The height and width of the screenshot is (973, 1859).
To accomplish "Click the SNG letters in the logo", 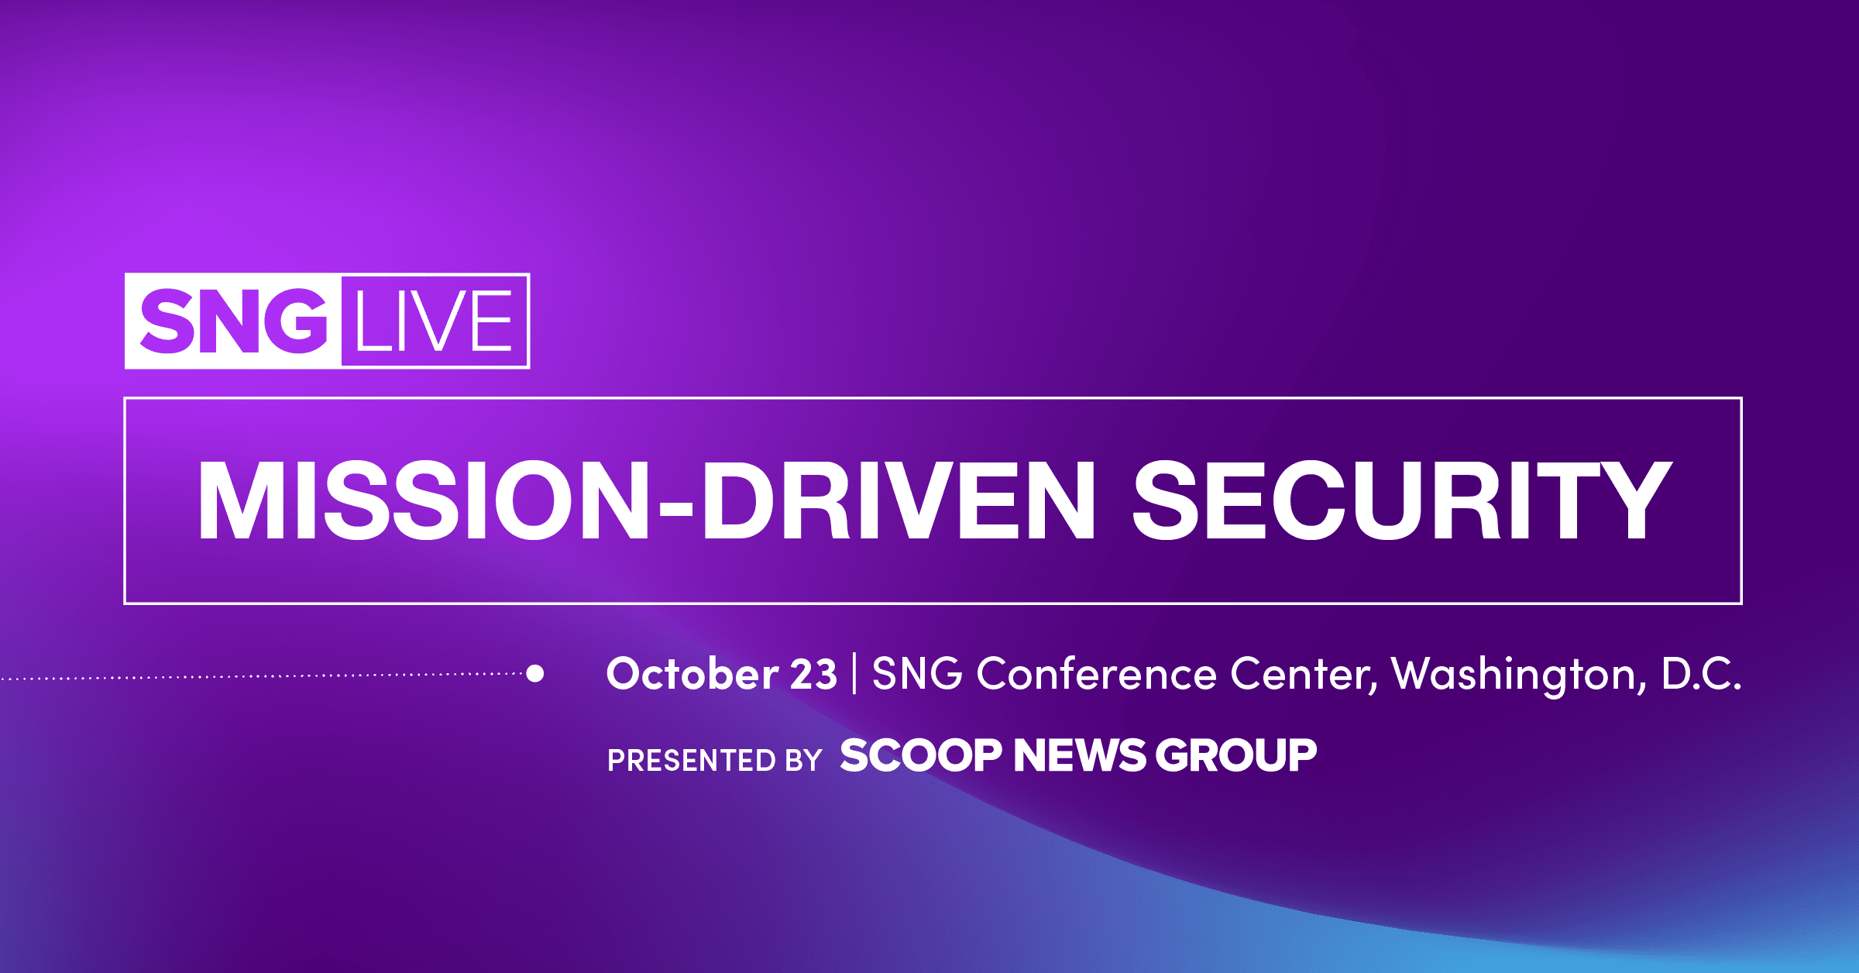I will (233, 321).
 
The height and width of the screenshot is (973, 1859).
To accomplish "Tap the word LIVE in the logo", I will (434, 321).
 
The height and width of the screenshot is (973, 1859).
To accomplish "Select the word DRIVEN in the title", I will (899, 500).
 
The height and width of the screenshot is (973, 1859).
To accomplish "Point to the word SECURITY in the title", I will (1402, 500).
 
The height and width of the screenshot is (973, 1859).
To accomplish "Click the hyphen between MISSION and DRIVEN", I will (675, 508).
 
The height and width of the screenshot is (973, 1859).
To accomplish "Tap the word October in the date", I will (692, 674).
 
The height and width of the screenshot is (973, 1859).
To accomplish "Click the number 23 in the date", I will (813, 674).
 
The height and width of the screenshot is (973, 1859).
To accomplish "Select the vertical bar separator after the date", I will (854, 674).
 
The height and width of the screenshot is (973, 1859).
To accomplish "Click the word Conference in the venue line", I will (1096, 674).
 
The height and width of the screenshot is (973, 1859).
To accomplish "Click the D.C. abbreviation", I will (1701, 674).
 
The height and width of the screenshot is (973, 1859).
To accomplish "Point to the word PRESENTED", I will (692, 760).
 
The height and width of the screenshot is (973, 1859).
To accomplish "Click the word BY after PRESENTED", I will (803, 760).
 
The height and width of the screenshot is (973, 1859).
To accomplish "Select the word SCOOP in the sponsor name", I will (921, 755).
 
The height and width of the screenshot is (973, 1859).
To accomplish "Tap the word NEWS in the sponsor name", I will (1079, 755).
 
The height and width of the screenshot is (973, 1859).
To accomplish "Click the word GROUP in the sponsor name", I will (1236, 755).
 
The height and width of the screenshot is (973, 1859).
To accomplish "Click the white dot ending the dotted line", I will (534, 673).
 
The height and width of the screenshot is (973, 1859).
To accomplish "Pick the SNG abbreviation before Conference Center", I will (917, 674).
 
